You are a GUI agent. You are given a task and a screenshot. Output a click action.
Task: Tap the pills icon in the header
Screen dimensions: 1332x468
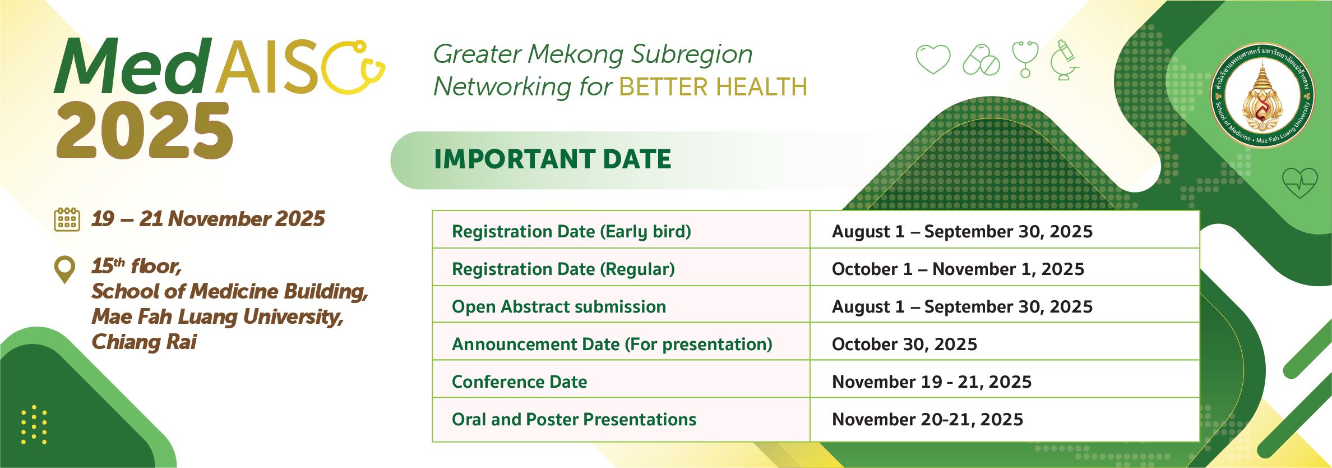pyautogui.click(x=981, y=59)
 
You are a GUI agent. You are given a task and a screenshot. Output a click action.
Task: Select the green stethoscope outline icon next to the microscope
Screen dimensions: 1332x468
pyautogui.click(x=1025, y=58)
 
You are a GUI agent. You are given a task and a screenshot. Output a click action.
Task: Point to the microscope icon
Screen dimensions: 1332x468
pyautogui.click(x=1064, y=60)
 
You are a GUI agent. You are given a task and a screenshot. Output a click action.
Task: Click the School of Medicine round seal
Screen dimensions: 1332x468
pyautogui.click(x=1262, y=95)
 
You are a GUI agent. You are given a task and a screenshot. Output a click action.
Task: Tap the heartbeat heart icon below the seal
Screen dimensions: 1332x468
pyautogui.click(x=1299, y=182)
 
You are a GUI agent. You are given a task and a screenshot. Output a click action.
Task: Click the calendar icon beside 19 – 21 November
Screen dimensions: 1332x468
pyautogui.click(x=67, y=219)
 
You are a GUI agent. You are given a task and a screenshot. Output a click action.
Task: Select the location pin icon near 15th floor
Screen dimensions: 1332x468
pyautogui.click(x=64, y=269)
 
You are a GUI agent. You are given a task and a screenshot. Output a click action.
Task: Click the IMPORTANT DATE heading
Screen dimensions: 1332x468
pyautogui.click(x=552, y=159)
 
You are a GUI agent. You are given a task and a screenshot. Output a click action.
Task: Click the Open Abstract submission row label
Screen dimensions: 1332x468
pyautogui.click(x=559, y=306)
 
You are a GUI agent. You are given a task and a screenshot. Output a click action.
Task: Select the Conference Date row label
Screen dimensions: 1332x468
pyautogui.click(x=520, y=382)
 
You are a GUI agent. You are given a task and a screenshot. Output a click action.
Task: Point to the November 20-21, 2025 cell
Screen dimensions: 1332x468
pyautogui.click(x=1004, y=420)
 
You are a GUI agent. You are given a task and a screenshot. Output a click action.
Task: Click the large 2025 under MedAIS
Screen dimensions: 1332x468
pyautogui.click(x=145, y=131)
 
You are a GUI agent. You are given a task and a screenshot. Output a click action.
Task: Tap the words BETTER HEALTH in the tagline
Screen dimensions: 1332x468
pyautogui.click(x=713, y=87)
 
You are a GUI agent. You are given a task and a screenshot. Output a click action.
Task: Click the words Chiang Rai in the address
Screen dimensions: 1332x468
pyautogui.click(x=144, y=342)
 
